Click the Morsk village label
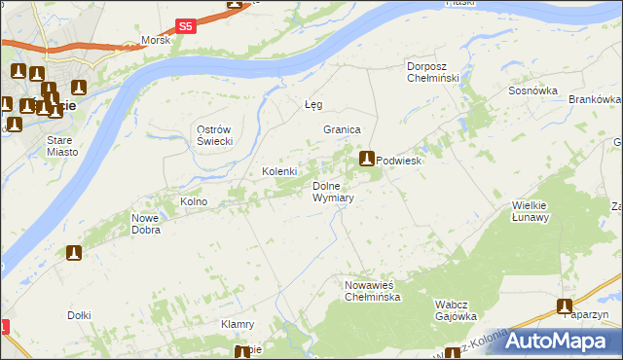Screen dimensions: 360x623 pyautogui.click(x=155, y=40)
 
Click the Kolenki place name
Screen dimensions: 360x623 pyautogui.click(x=278, y=172)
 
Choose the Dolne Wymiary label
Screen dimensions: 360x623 pyautogui.click(x=332, y=192)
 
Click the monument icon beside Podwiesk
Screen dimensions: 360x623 pyautogui.click(x=367, y=159)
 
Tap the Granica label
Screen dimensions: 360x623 pyautogui.click(x=342, y=129)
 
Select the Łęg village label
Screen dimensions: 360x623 pyautogui.click(x=313, y=104)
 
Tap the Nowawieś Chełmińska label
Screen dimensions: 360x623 pyautogui.click(x=372, y=291)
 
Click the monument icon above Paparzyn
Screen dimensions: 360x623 pyautogui.click(x=565, y=306)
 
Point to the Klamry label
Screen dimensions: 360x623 pyautogui.click(x=238, y=324)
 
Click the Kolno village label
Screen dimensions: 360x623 pyautogui.click(x=194, y=201)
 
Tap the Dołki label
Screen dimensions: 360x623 pyautogui.click(x=80, y=314)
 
